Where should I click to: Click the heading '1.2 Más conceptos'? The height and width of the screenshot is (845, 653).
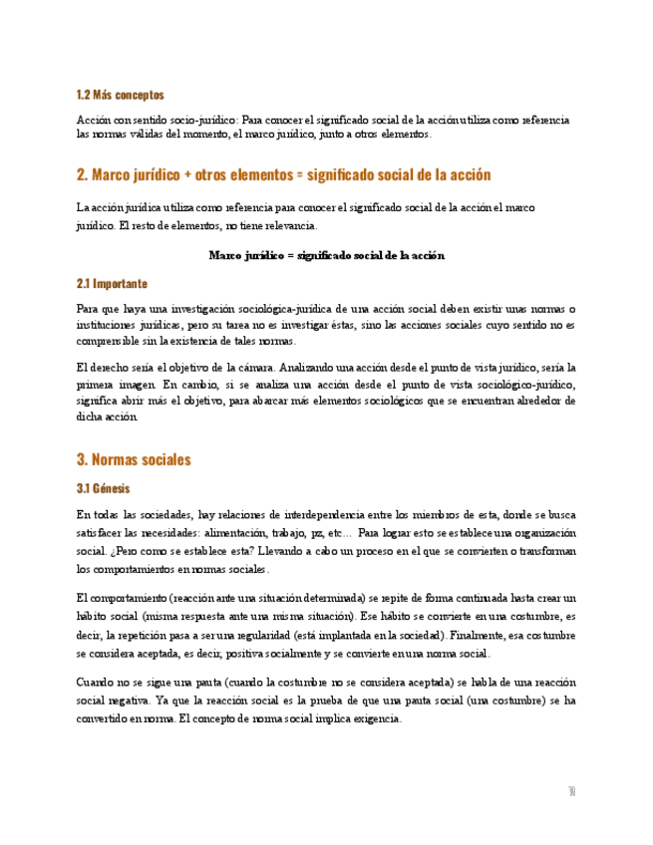coord(121,95)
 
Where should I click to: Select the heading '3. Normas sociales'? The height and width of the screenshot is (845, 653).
coord(134,459)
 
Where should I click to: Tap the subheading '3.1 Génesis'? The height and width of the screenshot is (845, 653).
coord(103,488)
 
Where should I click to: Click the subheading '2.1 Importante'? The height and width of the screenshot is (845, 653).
coord(112,283)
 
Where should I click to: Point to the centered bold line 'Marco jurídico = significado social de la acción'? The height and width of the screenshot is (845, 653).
coord(326,256)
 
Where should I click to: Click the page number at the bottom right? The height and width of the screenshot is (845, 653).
coord(572,791)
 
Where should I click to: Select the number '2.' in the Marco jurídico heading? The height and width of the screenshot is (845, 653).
coord(82,174)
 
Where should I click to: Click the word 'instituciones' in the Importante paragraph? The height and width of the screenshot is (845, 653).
coord(108,325)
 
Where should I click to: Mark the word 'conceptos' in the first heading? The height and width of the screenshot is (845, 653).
coord(140,95)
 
